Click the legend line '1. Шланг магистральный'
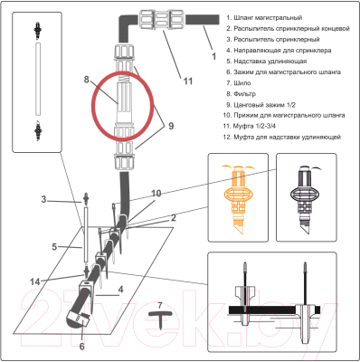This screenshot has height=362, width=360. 264,18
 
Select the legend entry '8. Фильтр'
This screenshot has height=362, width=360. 242,94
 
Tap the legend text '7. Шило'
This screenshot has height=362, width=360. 239,83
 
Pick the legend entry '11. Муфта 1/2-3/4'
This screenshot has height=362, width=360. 249,126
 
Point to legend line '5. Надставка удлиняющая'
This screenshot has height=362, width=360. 267,62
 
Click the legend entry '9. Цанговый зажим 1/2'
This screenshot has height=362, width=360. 261,105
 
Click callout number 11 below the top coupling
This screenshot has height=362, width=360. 188,81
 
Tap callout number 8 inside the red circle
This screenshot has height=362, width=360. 87,80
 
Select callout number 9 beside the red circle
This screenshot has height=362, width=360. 171,126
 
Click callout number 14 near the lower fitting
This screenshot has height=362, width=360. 35,282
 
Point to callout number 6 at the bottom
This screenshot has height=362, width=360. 82,347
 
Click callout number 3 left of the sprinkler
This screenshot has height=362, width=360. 44,199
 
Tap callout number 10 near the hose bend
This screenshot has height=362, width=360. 156,194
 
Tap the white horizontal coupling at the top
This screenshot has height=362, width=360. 163,20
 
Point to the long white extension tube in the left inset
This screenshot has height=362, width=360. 38,79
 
